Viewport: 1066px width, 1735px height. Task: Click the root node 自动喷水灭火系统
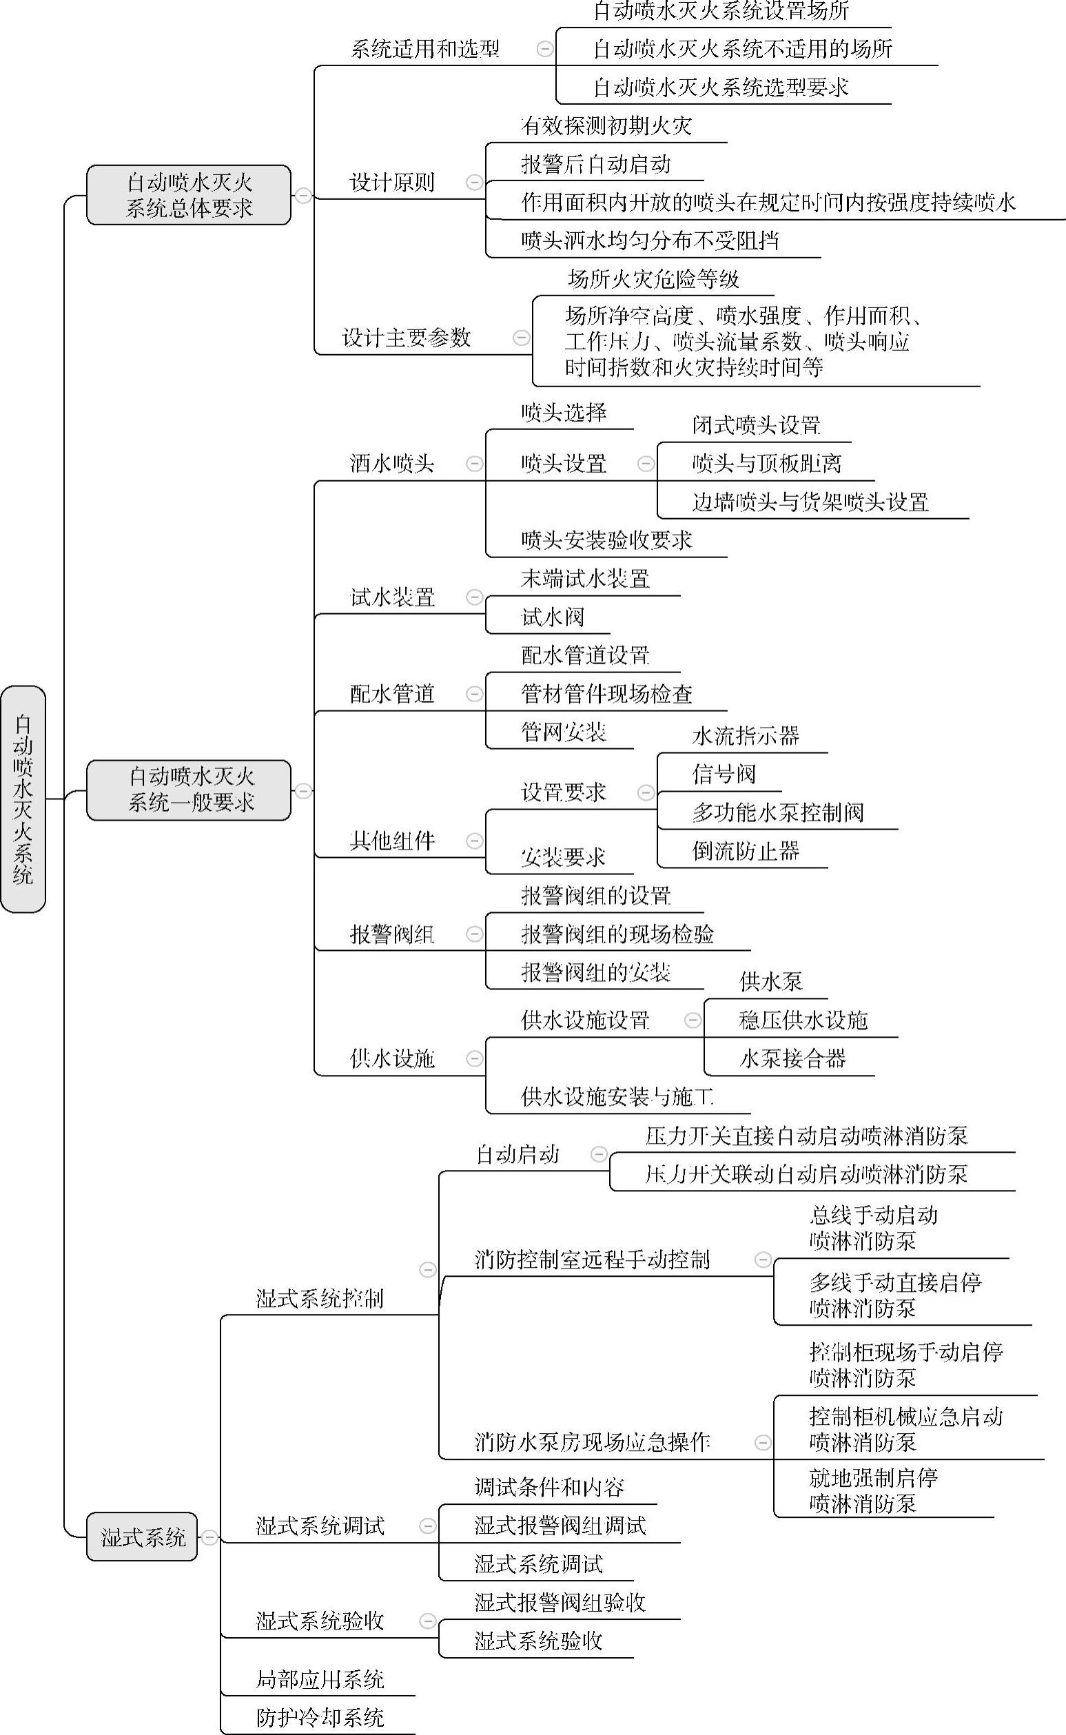23,799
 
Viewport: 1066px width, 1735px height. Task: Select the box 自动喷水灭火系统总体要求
189,195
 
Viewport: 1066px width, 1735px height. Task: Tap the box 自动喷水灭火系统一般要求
189,790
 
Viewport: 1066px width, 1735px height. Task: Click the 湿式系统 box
143,1537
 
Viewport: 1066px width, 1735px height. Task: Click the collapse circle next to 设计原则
475,183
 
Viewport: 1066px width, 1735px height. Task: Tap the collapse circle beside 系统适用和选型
544,49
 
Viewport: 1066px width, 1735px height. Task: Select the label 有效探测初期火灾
606,126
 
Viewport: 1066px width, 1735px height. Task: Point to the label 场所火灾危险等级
653,280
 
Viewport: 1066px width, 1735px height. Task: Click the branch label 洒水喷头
392,464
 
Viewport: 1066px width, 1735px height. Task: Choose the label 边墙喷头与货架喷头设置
810,502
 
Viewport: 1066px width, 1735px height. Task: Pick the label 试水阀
552,617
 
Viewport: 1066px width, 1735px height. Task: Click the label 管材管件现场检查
606,694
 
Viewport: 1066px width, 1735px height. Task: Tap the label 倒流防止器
745,851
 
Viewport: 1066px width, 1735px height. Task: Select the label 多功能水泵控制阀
778,812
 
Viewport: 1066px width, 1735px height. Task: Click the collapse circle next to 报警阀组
475,934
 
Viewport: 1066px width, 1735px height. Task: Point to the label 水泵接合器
792,1058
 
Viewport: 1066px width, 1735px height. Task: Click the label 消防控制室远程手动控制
591,1260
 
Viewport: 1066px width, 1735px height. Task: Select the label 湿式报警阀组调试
560,1526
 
